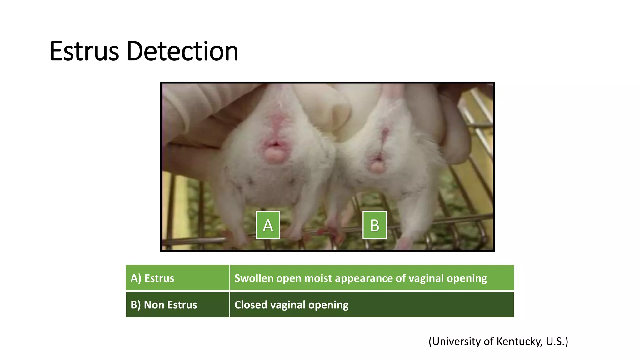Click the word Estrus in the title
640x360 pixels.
[84, 51]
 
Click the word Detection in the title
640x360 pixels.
[182, 51]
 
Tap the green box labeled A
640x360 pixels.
[268, 225]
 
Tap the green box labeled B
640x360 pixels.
[374, 225]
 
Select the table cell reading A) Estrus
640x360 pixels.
[177, 278]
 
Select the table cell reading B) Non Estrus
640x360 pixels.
[177, 305]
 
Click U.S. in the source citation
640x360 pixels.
[556, 342]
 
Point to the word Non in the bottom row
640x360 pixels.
[153, 305]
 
